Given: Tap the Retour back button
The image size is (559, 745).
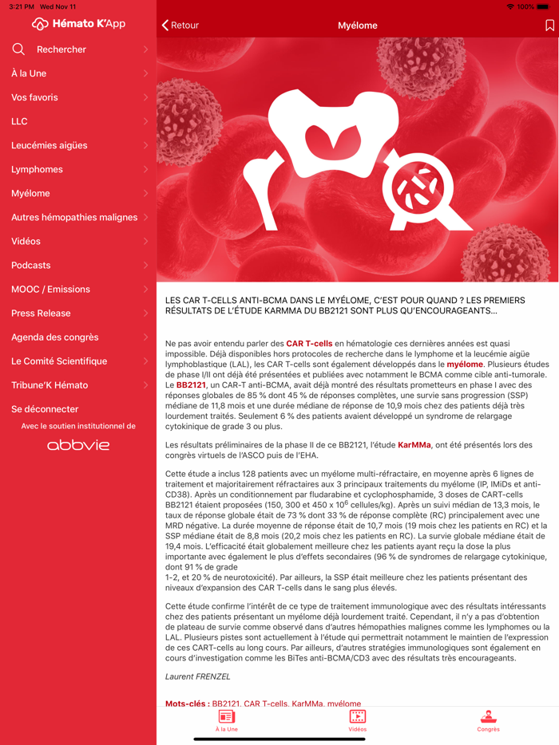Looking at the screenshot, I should (180, 26).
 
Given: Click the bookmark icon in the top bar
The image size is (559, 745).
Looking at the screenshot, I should (549, 26).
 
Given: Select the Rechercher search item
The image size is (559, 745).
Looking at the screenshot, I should (61, 49).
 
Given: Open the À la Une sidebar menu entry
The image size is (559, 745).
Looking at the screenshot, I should (29, 73).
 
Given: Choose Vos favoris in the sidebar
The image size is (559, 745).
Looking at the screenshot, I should (34, 97).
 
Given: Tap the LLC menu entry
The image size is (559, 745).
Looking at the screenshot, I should (20, 121).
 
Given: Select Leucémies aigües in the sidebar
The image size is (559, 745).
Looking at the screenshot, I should (50, 145).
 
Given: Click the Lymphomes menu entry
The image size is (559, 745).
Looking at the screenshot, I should (37, 169).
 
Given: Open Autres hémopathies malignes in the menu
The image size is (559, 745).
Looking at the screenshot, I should (74, 217).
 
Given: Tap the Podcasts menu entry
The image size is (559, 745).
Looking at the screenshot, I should (31, 265).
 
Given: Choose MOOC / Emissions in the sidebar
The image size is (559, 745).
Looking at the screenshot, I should (50, 289).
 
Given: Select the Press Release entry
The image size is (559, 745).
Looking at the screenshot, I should (41, 313).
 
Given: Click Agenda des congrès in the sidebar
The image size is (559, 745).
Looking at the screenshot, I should (59, 337).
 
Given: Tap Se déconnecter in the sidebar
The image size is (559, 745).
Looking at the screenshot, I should (45, 409).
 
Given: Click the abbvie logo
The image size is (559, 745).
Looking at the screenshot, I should (78, 445).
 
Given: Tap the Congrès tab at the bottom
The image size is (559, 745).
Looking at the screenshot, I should (488, 720).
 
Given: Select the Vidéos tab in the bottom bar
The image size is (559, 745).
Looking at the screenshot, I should (358, 720).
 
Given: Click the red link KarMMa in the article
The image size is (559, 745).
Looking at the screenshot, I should (414, 445).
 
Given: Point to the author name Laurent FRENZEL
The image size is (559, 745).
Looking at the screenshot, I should (197, 676).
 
